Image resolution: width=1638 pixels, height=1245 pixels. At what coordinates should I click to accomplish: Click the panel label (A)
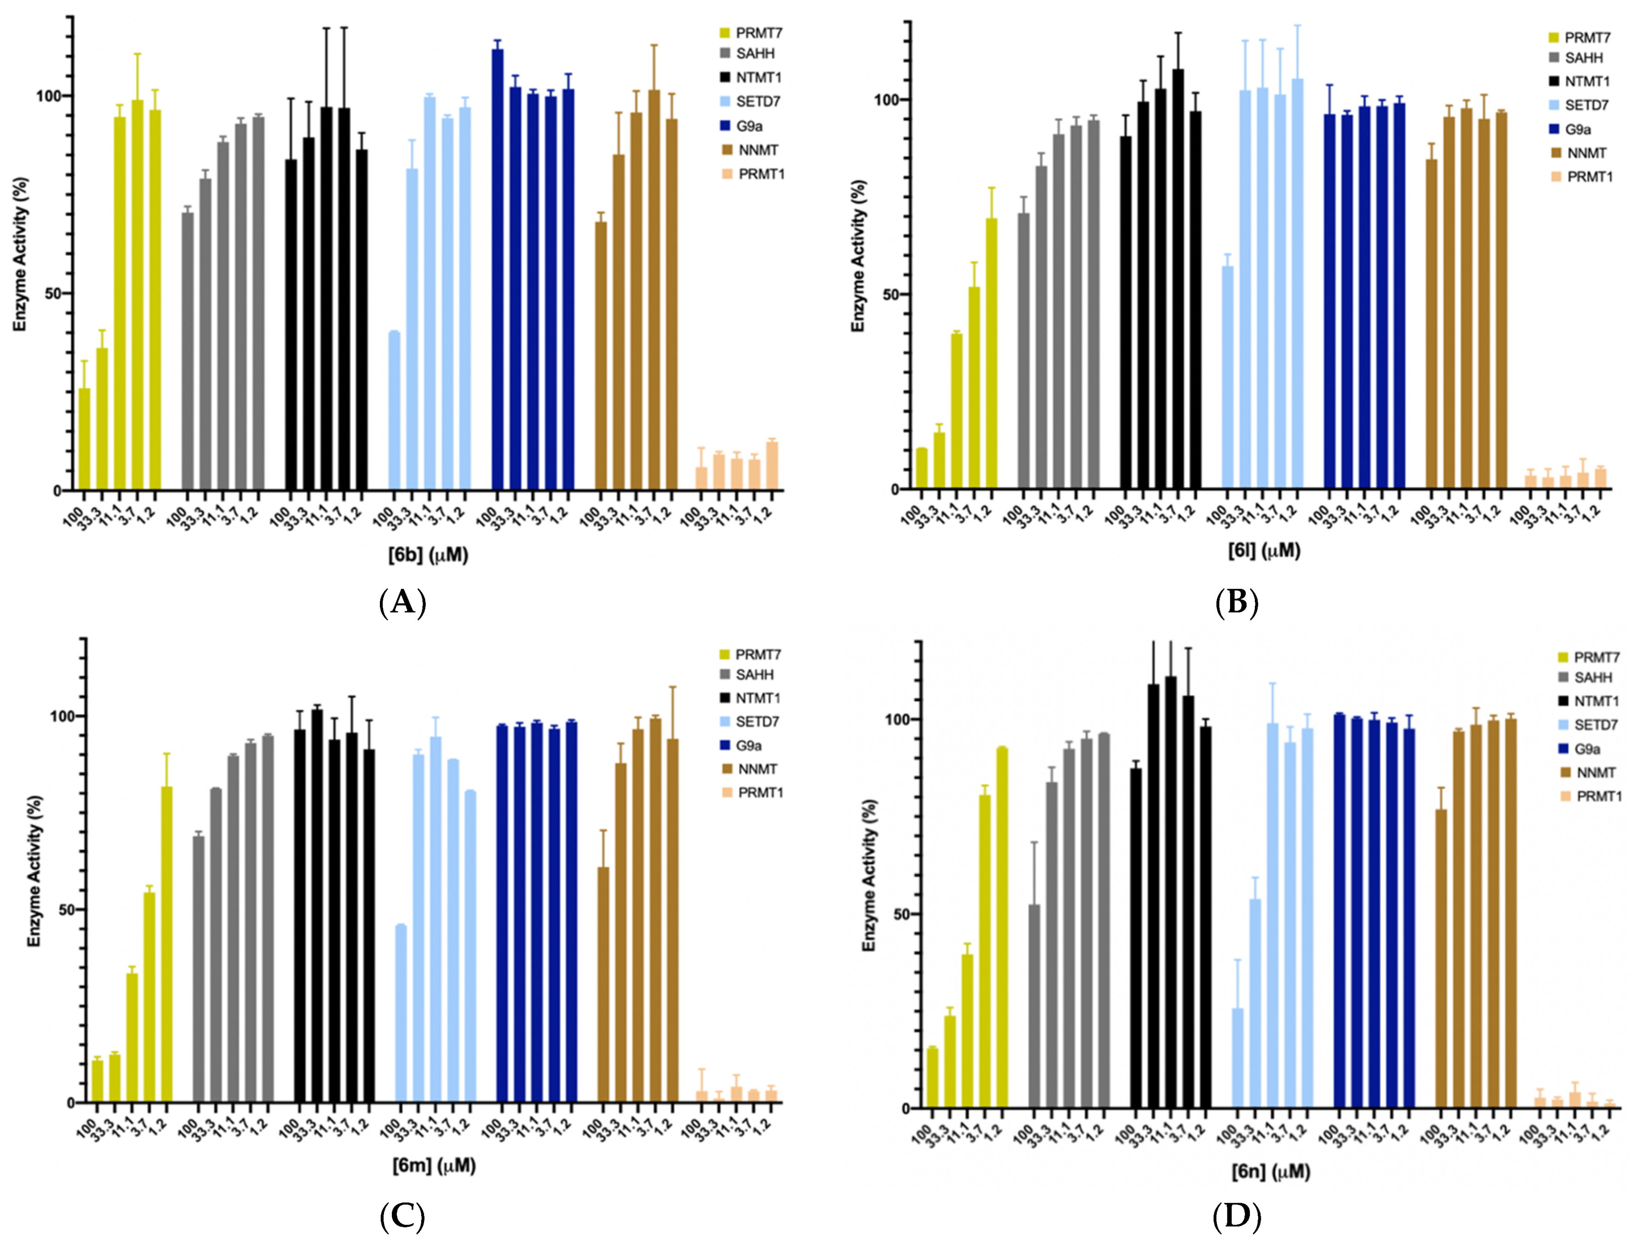pyautogui.click(x=403, y=603)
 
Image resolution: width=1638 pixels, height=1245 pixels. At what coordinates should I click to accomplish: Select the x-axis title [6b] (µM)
pyautogui.click(x=428, y=554)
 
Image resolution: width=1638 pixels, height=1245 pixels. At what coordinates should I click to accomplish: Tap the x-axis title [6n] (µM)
pyautogui.click(x=1271, y=1172)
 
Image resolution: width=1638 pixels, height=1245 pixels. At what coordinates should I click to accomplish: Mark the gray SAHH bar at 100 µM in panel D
pyautogui.click(x=1034, y=1007)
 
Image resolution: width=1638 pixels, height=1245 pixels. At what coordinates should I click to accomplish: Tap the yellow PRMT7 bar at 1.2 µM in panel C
pyautogui.click(x=167, y=945)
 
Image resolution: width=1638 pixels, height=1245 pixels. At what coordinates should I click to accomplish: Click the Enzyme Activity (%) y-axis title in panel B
pyautogui.click(x=858, y=256)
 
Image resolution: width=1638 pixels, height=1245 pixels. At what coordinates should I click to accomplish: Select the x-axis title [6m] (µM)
pyautogui.click(x=434, y=1166)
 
